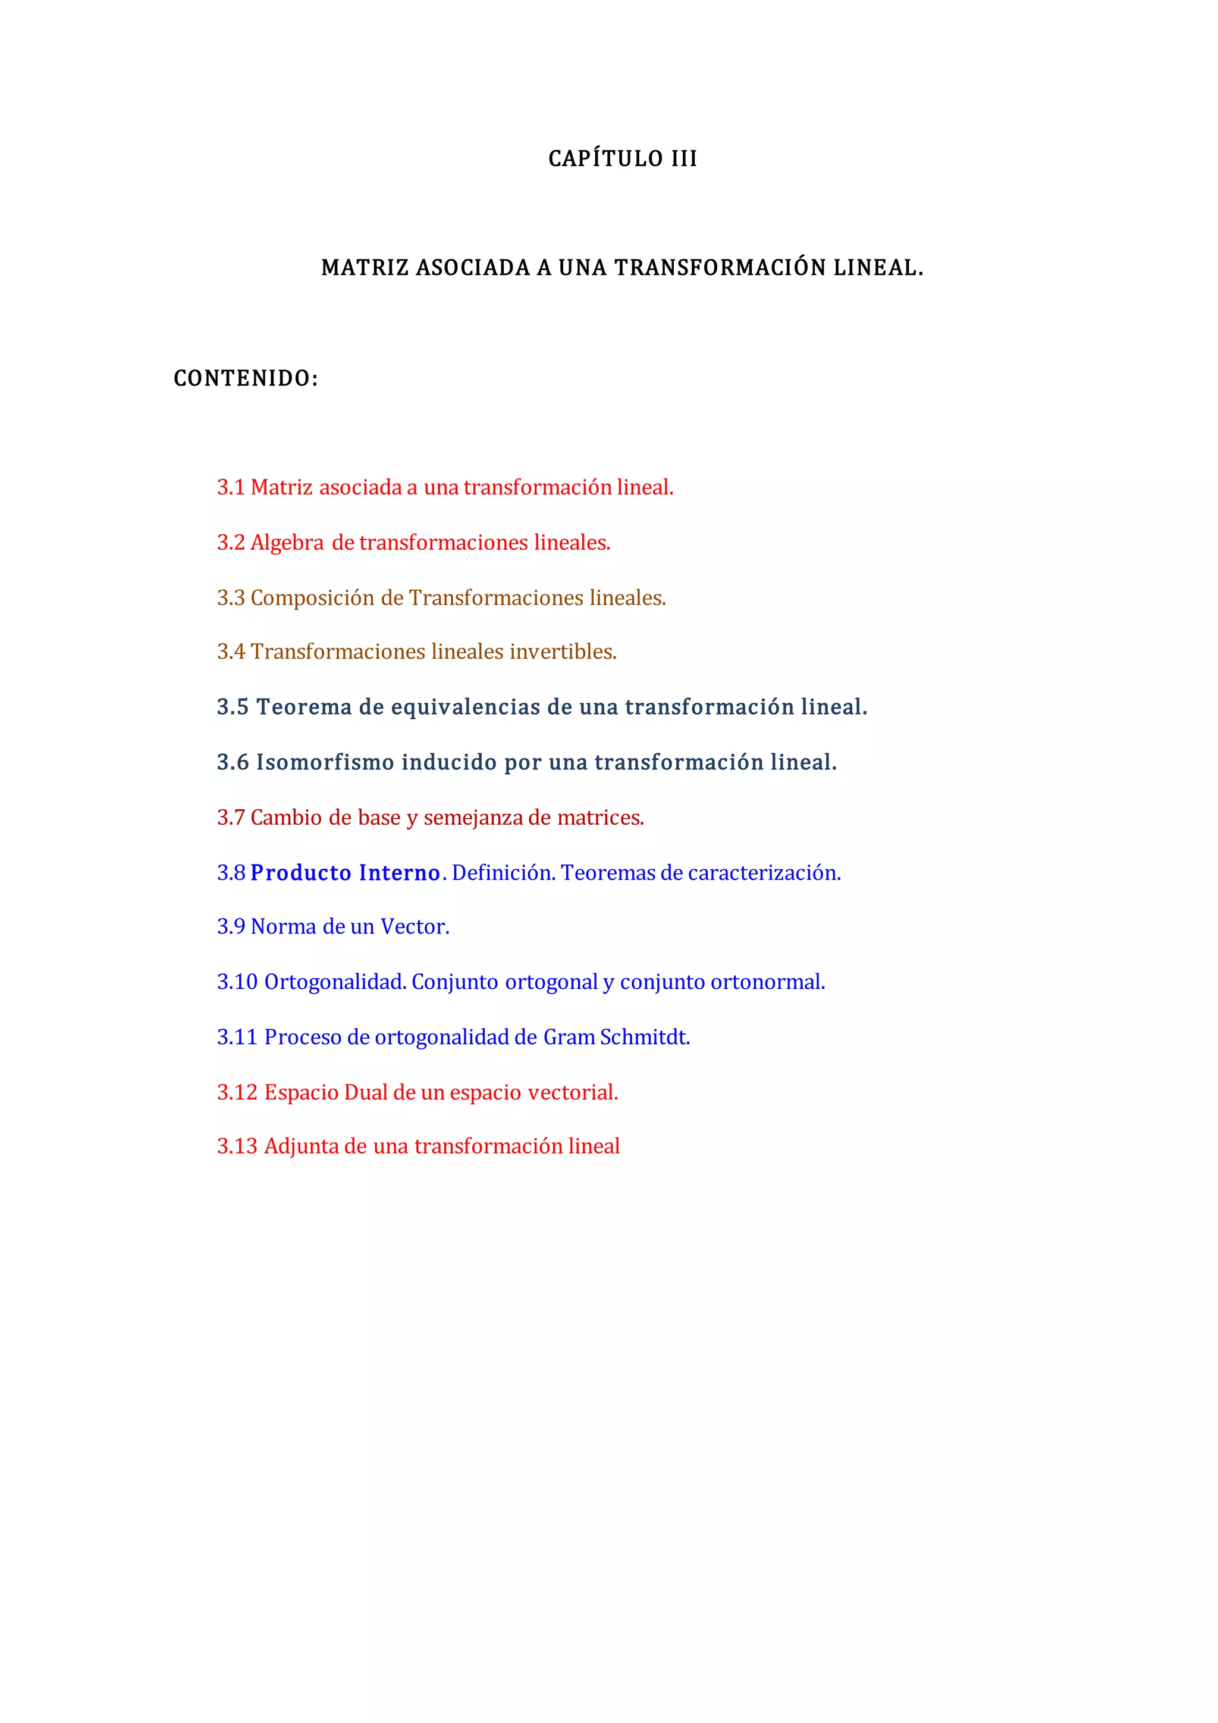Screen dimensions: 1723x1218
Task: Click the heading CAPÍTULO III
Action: pos(623,159)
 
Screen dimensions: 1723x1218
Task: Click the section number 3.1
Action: pos(231,488)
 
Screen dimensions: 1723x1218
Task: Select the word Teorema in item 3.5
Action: pos(304,707)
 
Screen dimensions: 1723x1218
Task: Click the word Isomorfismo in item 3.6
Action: pos(325,763)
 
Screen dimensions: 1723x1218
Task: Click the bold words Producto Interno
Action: pos(345,873)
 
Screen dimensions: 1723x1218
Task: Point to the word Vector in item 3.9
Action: pos(414,927)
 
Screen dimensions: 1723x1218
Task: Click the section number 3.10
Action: pos(237,982)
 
